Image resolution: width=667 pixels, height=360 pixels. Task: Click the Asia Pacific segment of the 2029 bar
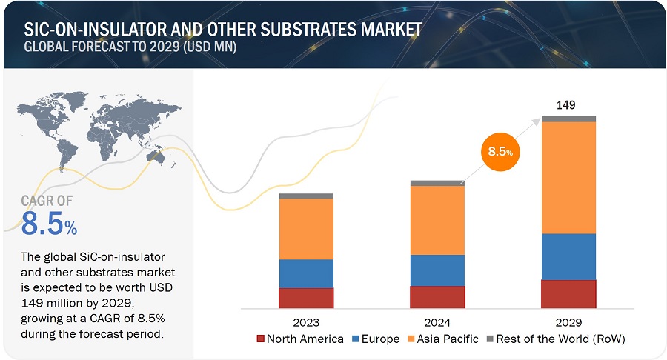(x=568, y=178)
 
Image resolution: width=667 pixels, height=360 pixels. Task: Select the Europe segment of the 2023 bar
(x=306, y=273)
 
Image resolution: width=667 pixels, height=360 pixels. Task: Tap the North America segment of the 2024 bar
(x=437, y=296)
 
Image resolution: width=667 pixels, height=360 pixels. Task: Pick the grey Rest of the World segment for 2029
(x=568, y=119)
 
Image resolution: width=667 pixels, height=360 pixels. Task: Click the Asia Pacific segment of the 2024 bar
(x=437, y=220)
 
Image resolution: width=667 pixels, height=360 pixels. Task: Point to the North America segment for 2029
(x=568, y=293)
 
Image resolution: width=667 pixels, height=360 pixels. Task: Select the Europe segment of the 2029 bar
(x=568, y=256)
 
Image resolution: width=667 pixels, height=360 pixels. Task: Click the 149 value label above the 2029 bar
(x=566, y=104)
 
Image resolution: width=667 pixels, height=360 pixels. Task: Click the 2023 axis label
(x=306, y=322)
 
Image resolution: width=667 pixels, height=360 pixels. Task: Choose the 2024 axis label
(x=437, y=322)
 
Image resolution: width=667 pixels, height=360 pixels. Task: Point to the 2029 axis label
(x=568, y=322)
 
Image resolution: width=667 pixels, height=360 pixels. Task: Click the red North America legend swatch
(x=261, y=339)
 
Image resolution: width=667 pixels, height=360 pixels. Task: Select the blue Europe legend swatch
(x=356, y=339)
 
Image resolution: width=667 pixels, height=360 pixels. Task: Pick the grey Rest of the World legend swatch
(x=490, y=339)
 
